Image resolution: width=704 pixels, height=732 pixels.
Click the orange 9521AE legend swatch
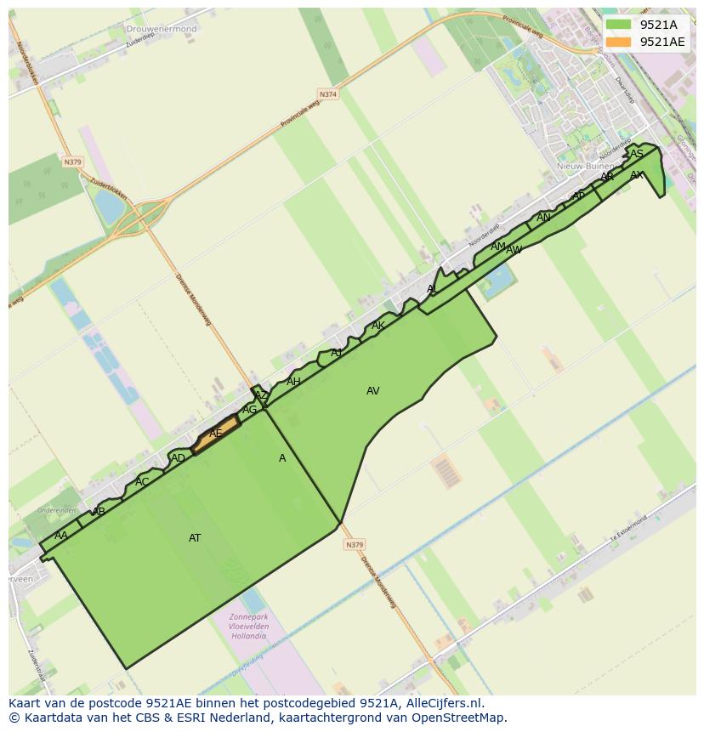(x=619, y=42)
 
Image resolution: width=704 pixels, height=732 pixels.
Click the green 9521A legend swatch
(x=619, y=25)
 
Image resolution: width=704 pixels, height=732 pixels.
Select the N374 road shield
(x=327, y=94)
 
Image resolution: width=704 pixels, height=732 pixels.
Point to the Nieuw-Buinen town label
(x=585, y=167)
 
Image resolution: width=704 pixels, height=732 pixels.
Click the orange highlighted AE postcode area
(x=216, y=434)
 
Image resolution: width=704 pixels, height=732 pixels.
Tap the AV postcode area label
(x=372, y=391)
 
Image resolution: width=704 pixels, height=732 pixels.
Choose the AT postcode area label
(x=195, y=538)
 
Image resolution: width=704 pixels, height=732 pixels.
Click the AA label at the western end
(x=61, y=536)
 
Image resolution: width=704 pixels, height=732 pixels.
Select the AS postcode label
(x=637, y=154)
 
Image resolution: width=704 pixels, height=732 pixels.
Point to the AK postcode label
(x=378, y=326)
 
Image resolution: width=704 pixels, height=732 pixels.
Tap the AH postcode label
(x=293, y=382)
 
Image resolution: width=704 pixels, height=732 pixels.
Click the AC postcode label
(x=142, y=482)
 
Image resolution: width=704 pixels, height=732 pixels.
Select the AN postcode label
(x=543, y=218)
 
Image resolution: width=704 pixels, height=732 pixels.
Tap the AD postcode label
(x=178, y=459)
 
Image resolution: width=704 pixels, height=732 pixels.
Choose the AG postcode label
(x=249, y=410)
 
